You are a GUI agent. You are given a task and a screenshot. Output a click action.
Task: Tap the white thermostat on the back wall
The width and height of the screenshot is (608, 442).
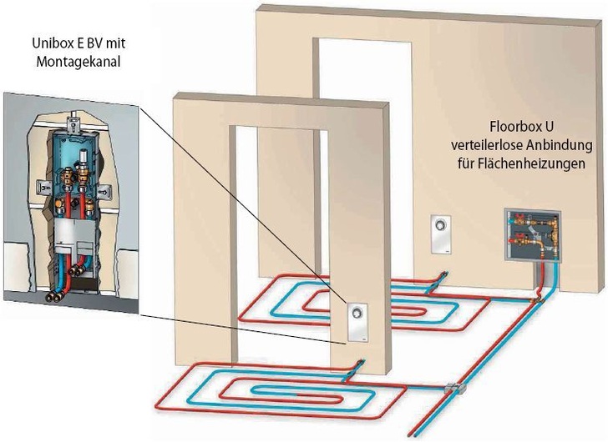coord(441,234)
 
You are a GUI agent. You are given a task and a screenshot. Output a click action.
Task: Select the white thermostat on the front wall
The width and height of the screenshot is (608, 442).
coord(357,319)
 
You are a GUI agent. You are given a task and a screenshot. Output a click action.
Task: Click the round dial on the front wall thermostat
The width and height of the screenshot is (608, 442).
coord(357,314)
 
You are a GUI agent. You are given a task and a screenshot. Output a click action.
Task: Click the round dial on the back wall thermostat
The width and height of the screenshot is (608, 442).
coord(441,226)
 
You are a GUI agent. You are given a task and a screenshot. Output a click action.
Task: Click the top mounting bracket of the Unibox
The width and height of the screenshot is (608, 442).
coord(77,126)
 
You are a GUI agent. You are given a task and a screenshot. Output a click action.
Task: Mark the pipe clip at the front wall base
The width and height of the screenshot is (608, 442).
coord(360,363)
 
